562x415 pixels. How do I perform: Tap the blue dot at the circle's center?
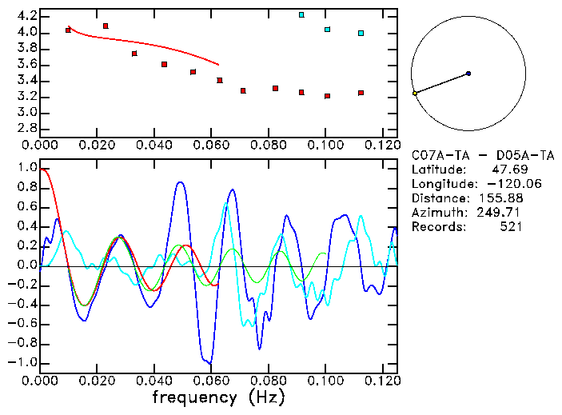coord(468,74)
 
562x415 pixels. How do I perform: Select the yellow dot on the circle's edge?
coord(415,94)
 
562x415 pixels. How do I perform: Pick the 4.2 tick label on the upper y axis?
coord(26,16)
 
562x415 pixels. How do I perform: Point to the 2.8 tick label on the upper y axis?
coord(26,129)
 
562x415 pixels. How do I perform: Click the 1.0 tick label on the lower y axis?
coord(26,169)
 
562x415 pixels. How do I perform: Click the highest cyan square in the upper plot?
coord(301,14)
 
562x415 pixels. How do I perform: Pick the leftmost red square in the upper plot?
coord(68,30)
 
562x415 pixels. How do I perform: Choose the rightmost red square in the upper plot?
coord(361,93)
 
